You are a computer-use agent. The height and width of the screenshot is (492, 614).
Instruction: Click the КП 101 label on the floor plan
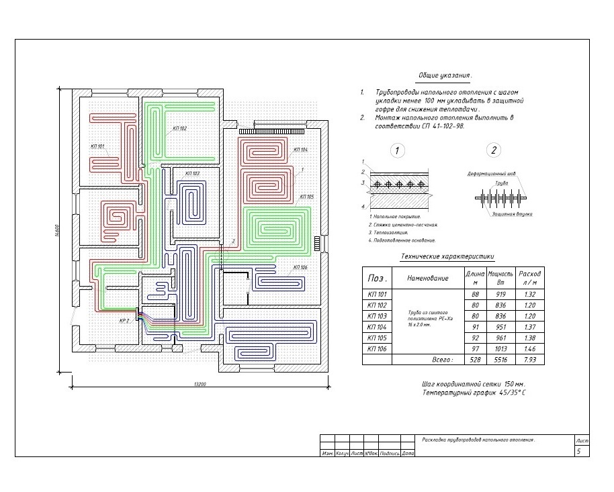(x=97, y=146)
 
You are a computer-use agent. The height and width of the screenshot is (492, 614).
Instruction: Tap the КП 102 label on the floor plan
(x=179, y=128)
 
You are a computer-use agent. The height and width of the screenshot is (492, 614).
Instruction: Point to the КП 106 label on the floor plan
(x=300, y=267)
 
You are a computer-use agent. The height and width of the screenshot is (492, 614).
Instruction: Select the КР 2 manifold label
(x=124, y=321)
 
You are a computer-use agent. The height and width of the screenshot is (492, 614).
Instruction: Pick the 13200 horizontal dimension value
(x=200, y=384)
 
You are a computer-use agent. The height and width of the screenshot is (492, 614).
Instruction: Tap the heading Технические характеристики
(x=447, y=256)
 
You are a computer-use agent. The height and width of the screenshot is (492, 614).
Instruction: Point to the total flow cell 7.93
(x=530, y=360)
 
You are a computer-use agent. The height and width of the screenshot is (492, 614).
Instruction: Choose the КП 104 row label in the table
(x=377, y=326)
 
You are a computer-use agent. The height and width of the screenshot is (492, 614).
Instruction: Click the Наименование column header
(x=427, y=277)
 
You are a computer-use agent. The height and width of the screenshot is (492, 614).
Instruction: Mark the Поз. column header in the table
(x=376, y=277)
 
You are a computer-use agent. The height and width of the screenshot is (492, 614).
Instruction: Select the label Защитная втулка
(x=512, y=213)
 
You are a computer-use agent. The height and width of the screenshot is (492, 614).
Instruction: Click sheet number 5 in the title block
(x=578, y=452)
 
